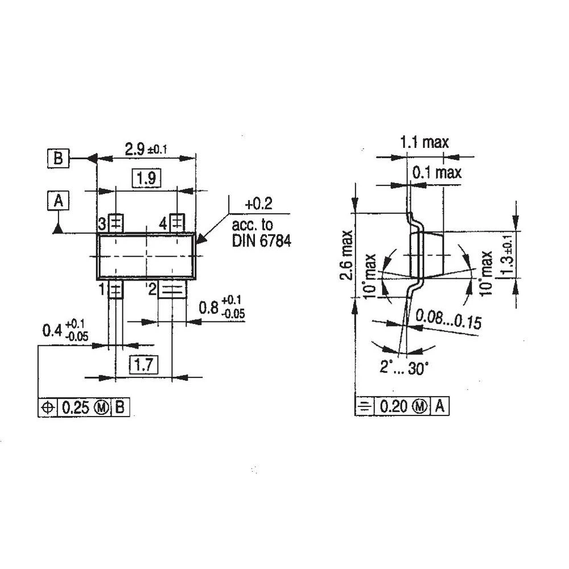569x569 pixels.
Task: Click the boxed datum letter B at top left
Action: (57, 158)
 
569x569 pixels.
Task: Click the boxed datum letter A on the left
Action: (57, 200)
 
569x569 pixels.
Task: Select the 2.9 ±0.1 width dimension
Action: (146, 149)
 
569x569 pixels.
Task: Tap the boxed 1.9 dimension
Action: (146, 179)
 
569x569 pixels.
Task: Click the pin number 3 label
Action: (102, 222)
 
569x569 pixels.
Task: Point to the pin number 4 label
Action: (164, 223)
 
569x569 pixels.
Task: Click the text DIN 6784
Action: (261, 241)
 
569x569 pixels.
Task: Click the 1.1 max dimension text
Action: (424, 142)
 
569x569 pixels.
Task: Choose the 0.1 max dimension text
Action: (437, 172)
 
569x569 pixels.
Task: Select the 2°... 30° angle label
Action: (404, 368)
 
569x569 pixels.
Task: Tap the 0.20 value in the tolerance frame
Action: (394, 407)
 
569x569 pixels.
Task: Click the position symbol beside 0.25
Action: (48, 407)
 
